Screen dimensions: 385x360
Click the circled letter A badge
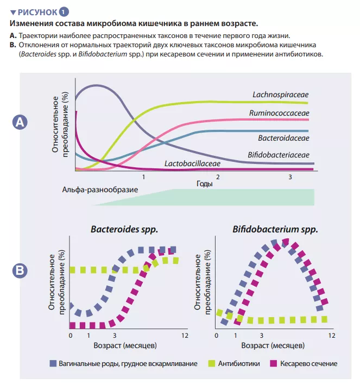tap(20, 123)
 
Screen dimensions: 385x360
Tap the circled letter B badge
tap(20, 270)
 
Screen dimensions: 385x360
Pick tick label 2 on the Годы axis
tap(217, 178)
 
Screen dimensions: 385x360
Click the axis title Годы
tap(205, 184)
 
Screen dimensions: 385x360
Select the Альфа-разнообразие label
tap(100, 191)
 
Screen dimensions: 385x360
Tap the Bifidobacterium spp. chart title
tap(275, 230)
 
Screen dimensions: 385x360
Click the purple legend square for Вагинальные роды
tap(52, 363)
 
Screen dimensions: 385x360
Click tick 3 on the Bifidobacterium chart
tap(261, 335)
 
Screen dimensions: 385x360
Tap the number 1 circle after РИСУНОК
tap(65, 11)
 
